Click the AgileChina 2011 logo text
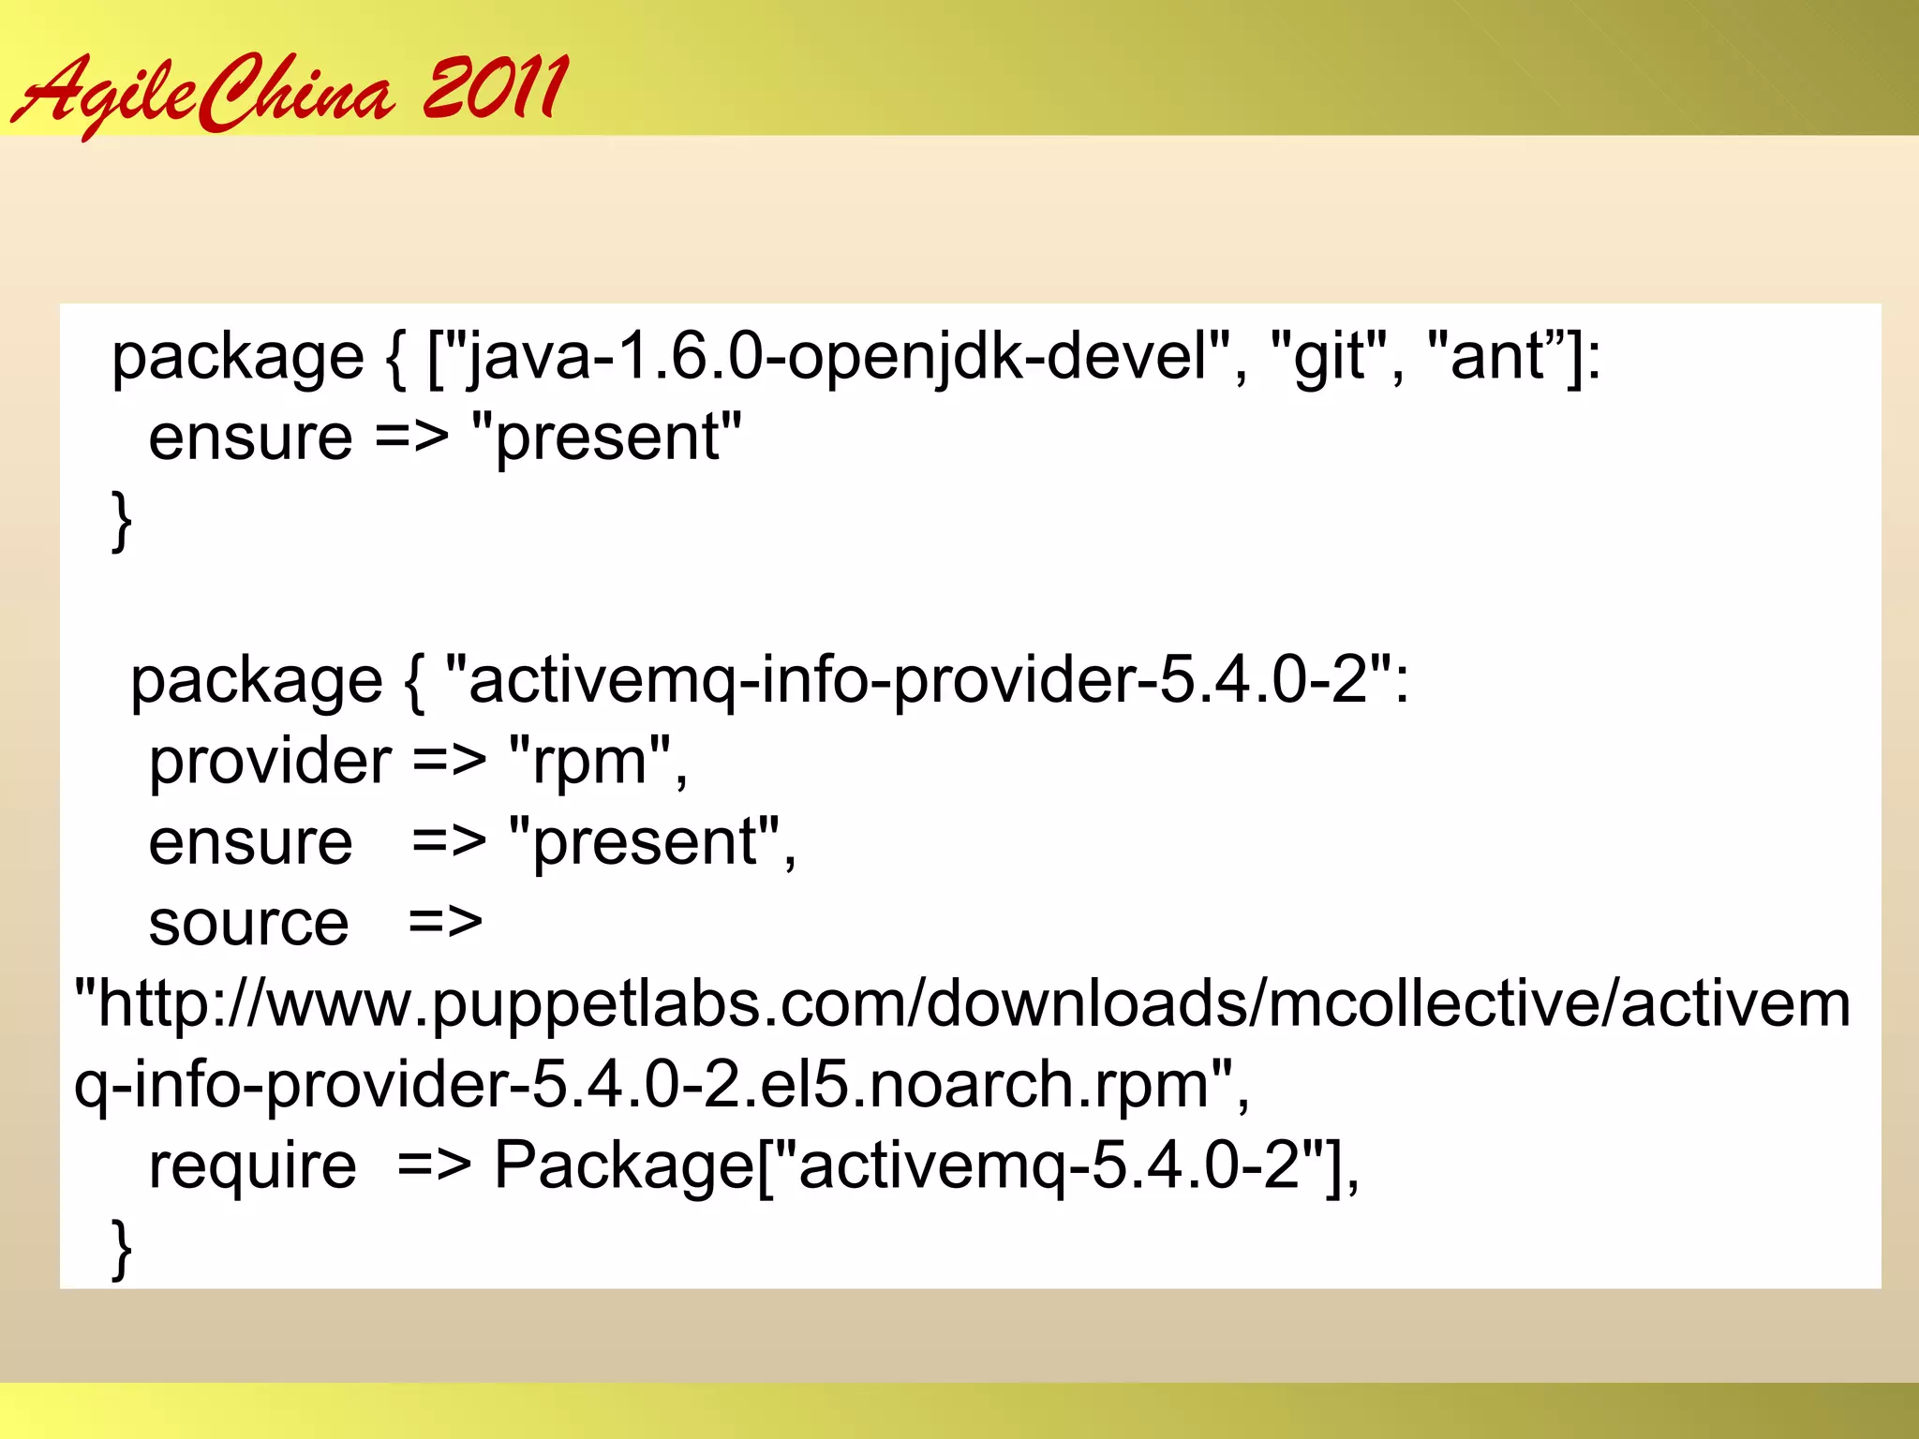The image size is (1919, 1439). coord(289,92)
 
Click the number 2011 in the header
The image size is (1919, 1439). coord(494,88)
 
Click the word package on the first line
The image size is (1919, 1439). coord(237,358)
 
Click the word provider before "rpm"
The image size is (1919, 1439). coord(270,762)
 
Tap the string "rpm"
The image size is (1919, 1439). coord(590,762)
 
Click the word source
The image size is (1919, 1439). coord(248,924)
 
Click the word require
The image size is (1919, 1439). coord(252,1166)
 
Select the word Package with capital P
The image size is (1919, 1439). coord(623,1166)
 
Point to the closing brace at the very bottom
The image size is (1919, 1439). coord(121,1248)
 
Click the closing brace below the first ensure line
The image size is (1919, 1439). coord(121,520)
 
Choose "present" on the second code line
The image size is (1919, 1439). coord(607,438)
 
